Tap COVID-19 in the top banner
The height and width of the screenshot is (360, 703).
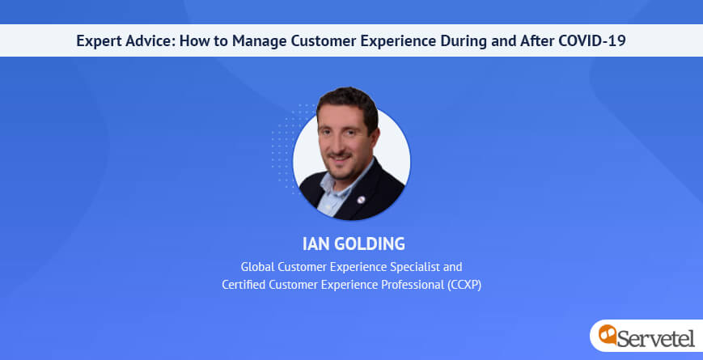pos(592,40)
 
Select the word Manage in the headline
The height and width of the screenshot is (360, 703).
pos(259,40)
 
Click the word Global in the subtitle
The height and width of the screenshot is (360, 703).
pos(258,267)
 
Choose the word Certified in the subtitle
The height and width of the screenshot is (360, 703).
pos(244,285)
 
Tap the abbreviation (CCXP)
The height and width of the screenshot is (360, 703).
pos(464,286)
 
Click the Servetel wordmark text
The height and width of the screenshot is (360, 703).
pos(655,338)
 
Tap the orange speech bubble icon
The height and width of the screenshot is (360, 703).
pos(608,334)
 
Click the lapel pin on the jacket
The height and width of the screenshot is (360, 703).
pos(361,200)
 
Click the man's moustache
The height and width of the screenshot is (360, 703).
pos(340,155)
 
